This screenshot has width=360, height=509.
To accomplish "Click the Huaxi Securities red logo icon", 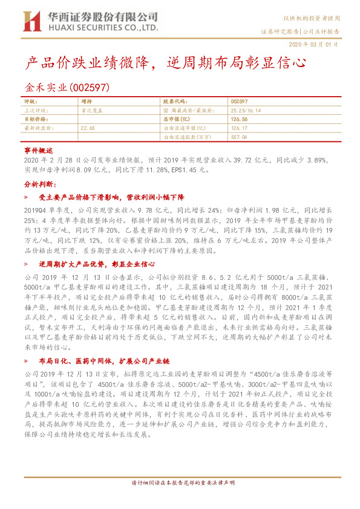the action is click(x=31, y=22).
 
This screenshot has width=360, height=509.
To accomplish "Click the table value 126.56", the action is click(x=240, y=120).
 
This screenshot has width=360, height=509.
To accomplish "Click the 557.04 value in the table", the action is click(x=240, y=137).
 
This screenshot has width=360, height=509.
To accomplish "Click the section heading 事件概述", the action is click(x=39, y=149).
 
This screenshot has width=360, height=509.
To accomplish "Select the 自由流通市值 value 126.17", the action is click(x=240, y=128).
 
